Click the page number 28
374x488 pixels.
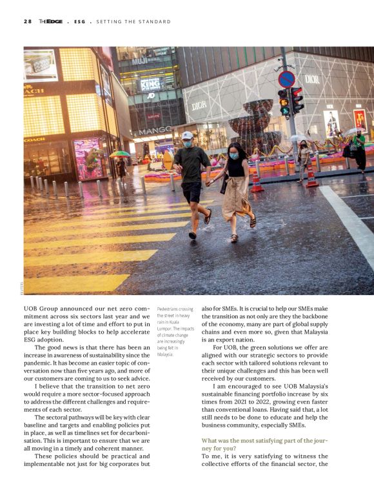tap(28, 21)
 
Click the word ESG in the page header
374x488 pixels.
tap(79, 21)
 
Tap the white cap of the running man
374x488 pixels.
tap(186, 136)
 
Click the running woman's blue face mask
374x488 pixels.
tap(233, 156)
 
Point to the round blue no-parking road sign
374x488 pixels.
tap(286, 79)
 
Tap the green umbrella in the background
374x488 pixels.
tap(120, 154)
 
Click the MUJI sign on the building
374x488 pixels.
tap(139, 62)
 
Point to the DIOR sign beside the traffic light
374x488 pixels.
tap(312, 79)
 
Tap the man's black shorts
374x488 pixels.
tap(192, 192)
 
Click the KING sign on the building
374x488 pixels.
tap(150, 83)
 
